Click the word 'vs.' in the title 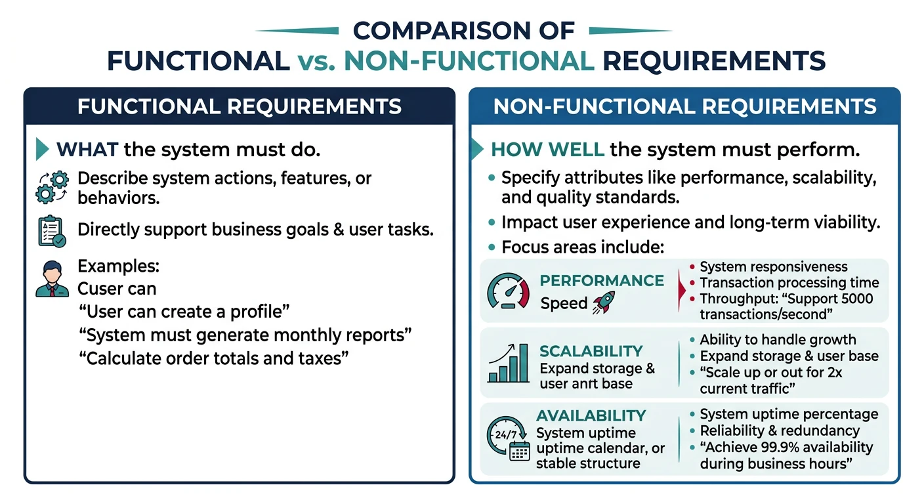(x=316, y=61)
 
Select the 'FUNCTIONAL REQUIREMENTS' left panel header (x=239, y=106)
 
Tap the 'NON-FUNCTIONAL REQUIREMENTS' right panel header (x=684, y=106)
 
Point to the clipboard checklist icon (x=52, y=231)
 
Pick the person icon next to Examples (x=52, y=280)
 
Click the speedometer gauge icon (x=509, y=291)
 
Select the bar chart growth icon (x=509, y=363)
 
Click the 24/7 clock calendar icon (x=509, y=438)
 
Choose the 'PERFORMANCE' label (x=601, y=281)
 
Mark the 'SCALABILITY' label (x=591, y=351)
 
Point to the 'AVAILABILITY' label (x=591, y=415)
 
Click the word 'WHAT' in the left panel (x=87, y=150)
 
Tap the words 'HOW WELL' (x=547, y=150)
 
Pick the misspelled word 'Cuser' (x=98, y=289)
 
